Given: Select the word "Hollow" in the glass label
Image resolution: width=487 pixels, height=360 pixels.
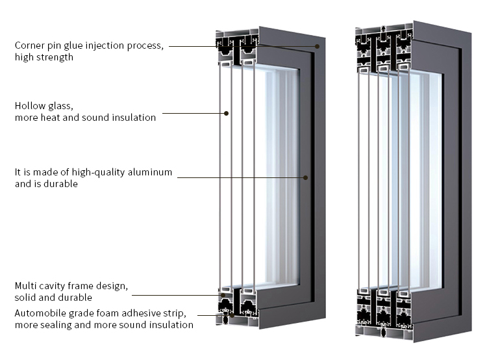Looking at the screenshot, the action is pos(28,106).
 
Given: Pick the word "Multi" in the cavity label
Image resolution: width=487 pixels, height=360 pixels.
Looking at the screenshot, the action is pos(24,286).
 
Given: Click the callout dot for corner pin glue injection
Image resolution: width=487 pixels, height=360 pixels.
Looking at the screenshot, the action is pos(317,46).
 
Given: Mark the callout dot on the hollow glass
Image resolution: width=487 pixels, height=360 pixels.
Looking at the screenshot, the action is pos(227,114).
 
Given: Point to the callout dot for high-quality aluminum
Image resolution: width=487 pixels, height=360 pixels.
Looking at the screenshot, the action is pos(305,177).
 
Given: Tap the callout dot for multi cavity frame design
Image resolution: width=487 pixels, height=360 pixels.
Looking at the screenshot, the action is pos(223,295).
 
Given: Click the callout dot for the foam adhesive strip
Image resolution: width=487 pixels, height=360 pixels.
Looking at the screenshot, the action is pos(232,315).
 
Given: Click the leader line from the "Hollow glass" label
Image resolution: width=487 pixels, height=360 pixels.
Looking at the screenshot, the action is pos(194,113).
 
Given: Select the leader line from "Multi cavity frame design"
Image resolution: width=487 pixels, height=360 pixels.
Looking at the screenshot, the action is pos(177,295).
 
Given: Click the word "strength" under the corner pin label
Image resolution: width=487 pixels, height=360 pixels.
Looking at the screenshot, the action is pos(57,58).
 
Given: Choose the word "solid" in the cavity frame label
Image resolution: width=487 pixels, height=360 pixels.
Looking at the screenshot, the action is pos(25,298).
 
